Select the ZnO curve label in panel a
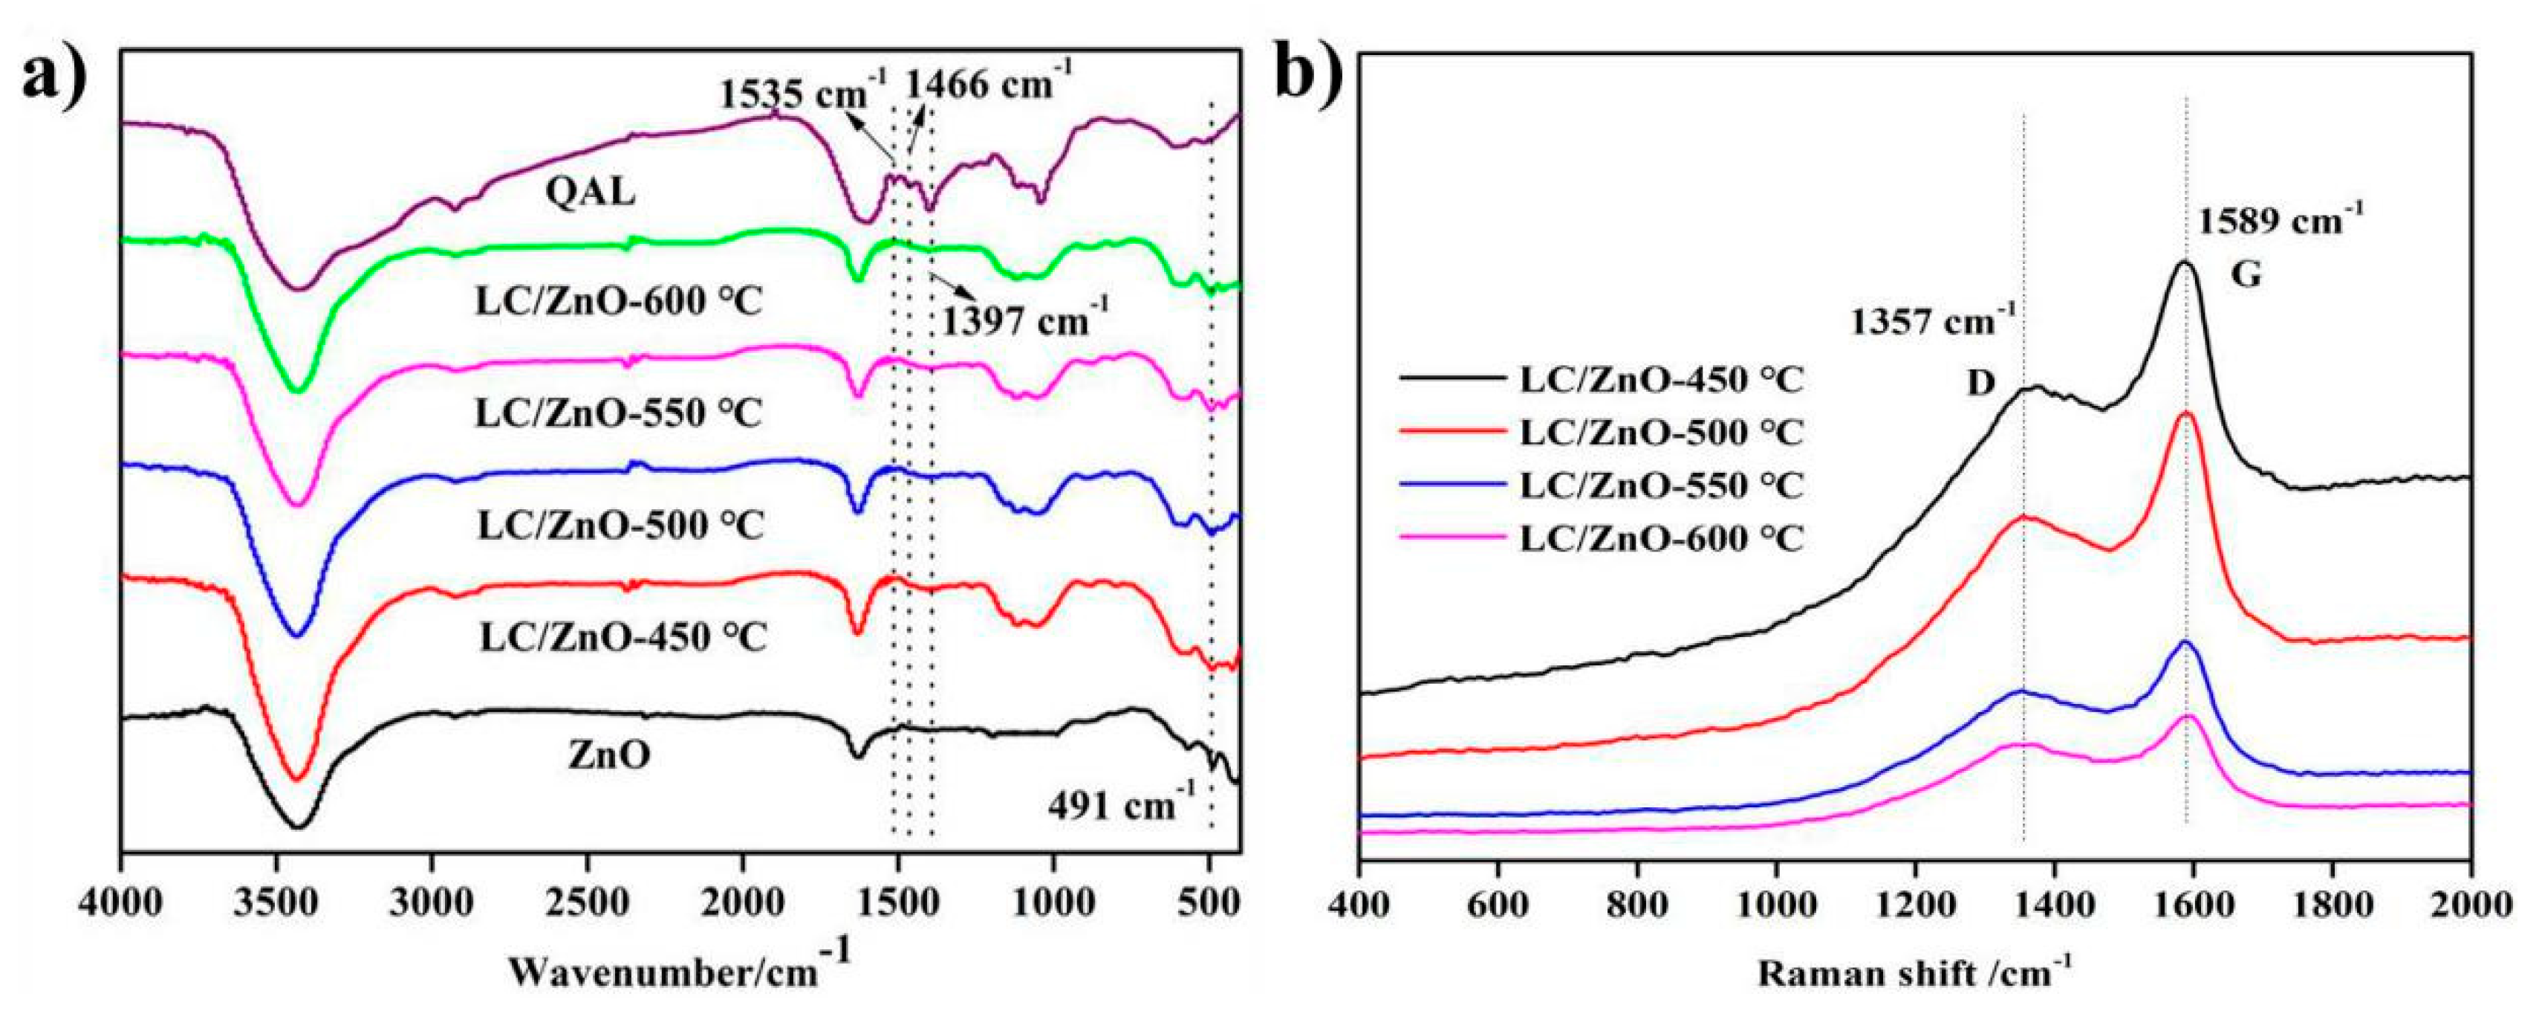click(609, 756)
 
